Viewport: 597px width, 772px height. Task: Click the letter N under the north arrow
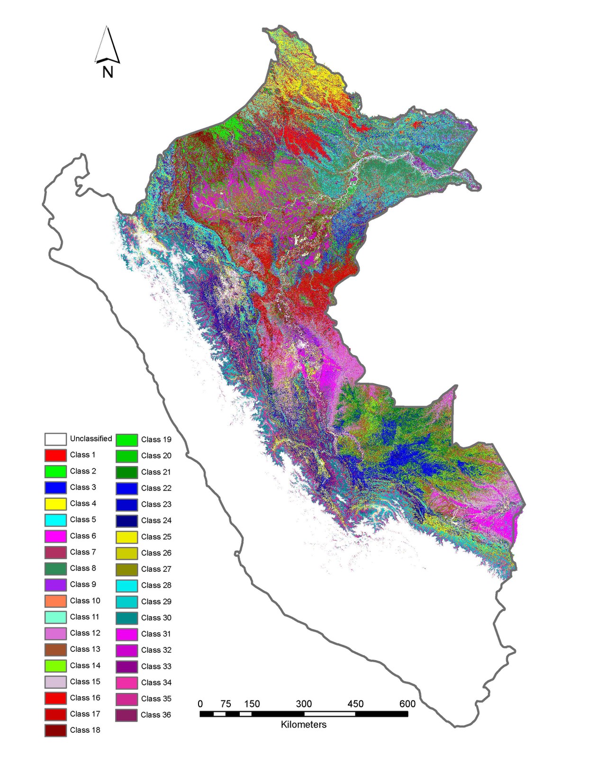click(108, 72)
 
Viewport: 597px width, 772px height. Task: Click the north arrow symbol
click(108, 46)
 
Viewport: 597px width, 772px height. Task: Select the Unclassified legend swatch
click(55, 439)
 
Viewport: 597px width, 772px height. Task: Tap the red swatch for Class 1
click(55, 455)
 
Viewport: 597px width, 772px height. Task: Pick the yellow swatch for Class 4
click(55, 504)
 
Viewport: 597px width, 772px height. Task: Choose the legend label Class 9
click(83, 584)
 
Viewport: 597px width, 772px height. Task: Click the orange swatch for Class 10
click(55, 601)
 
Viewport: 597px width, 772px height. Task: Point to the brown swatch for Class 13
click(55, 649)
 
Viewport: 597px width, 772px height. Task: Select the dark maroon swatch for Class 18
click(55, 730)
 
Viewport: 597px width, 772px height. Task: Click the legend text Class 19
click(156, 440)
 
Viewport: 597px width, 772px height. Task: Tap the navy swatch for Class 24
click(127, 521)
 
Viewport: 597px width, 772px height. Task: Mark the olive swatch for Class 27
click(127, 569)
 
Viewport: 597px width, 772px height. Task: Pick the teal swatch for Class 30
click(127, 618)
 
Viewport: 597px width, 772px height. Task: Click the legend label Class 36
click(156, 715)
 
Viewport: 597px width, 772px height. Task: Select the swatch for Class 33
click(127, 666)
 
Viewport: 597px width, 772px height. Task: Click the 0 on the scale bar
click(200, 704)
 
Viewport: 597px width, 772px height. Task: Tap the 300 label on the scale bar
click(304, 704)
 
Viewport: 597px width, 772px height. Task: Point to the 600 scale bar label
click(407, 704)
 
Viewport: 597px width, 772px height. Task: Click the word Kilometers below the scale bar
click(304, 725)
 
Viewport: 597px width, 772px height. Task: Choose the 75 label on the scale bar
click(226, 704)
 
